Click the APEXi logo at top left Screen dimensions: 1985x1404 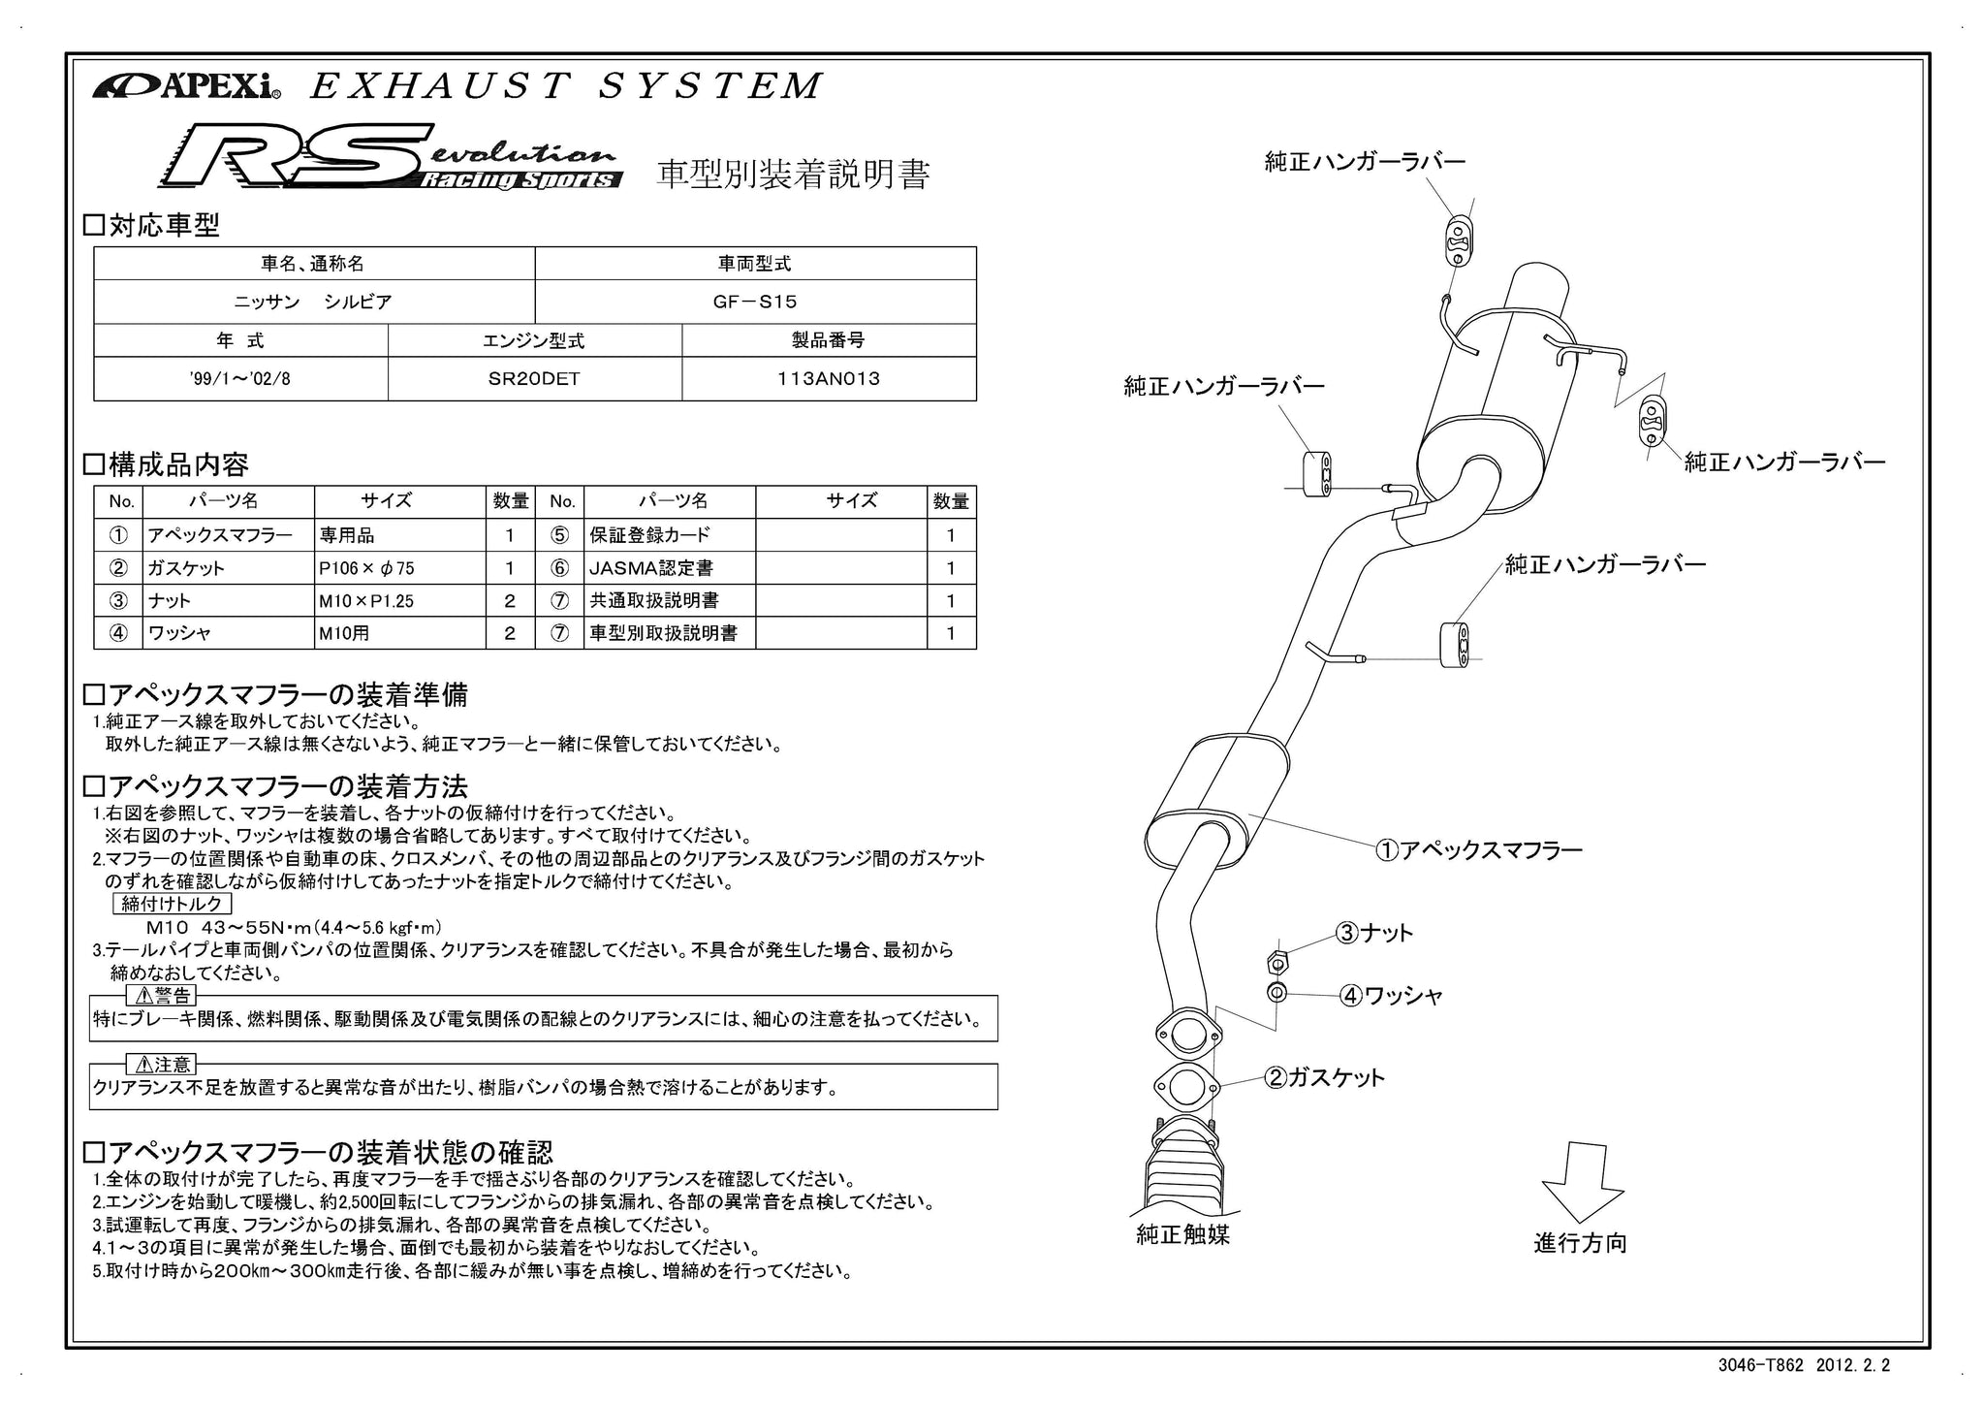coord(187,86)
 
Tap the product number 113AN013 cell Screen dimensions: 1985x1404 coord(829,378)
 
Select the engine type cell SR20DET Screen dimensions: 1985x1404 coord(534,378)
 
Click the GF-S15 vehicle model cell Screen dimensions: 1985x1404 coord(755,302)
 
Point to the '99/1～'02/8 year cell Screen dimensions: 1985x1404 coord(240,378)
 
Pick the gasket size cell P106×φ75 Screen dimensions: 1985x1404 coord(399,568)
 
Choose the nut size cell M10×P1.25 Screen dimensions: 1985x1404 coord(399,601)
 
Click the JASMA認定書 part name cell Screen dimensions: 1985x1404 coord(670,568)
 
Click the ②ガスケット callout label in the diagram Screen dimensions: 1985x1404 coord(1324,1077)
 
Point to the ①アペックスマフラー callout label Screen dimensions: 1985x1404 coord(1479,850)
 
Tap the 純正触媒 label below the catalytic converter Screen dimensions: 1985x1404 coord(1182,1234)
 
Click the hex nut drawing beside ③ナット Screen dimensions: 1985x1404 coord(1277,962)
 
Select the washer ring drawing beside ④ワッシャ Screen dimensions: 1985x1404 coord(1277,993)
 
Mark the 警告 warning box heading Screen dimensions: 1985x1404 coord(163,996)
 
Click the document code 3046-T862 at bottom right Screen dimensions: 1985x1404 coord(1761,1365)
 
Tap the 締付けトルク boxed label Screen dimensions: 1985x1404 coord(172,904)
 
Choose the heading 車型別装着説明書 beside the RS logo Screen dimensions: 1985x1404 coord(794,174)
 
